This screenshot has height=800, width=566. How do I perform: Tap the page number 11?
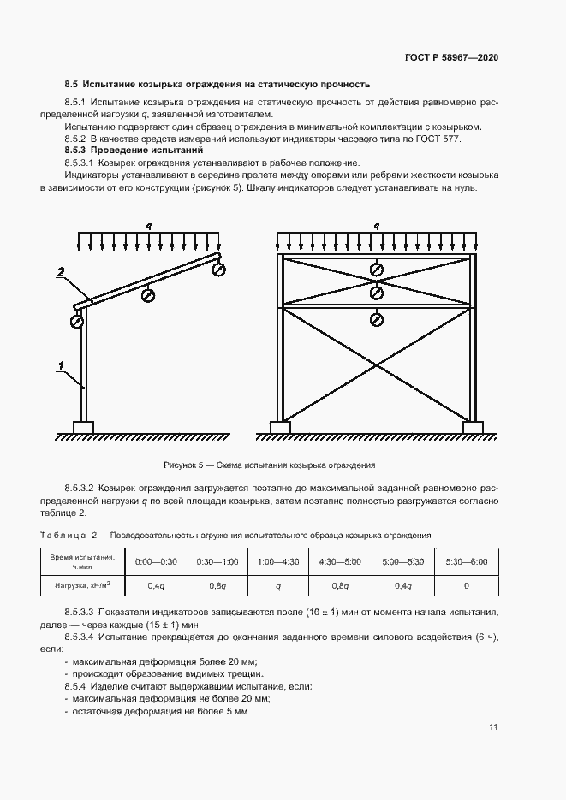[493, 727]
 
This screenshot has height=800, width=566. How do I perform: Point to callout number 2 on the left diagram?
[61, 272]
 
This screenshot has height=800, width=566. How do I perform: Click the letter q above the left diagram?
[148, 226]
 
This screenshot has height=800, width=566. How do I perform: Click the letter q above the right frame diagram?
[376, 226]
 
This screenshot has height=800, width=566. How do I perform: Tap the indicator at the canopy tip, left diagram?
[218, 270]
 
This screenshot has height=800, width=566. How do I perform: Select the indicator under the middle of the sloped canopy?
[148, 294]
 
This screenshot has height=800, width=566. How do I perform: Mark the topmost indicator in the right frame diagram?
[376, 270]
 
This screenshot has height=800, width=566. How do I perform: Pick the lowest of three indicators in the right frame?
[376, 320]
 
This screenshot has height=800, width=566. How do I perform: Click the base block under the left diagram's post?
[83, 426]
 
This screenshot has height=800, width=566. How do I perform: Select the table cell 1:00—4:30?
[278, 561]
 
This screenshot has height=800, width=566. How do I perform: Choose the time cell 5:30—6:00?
[466, 561]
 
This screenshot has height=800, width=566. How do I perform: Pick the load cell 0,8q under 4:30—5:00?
[341, 585]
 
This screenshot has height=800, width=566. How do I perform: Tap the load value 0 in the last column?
[466, 585]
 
